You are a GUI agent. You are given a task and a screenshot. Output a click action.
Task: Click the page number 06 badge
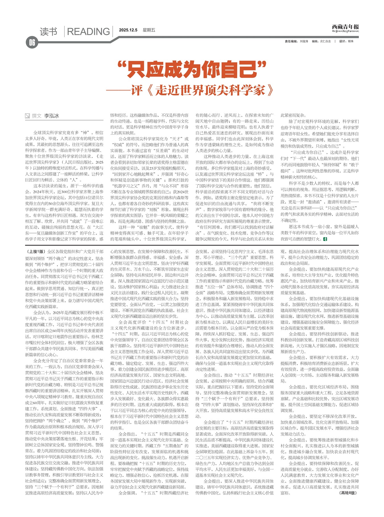tap(32, 43)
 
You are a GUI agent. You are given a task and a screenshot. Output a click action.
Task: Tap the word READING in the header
tap(88, 32)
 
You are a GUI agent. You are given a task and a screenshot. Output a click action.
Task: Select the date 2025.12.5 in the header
tap(128, 30)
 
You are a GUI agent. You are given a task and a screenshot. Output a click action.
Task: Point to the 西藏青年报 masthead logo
tap(345, 27)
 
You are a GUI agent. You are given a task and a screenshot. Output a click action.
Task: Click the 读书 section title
tap(48, 32)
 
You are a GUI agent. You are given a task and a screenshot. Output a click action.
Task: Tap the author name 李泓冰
tap(51, 116)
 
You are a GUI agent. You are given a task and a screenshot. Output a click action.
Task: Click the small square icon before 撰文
tap(27, 116)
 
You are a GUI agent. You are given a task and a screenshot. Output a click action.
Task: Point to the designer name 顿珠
tap(350, 41)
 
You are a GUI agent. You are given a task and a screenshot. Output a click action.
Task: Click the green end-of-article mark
tap(325, 239)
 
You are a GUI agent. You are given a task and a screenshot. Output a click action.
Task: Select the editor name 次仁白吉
tap(325, 41)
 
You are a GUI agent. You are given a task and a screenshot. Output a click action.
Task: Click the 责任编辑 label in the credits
tap(291, 41)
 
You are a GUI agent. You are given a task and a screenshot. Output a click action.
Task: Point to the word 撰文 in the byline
tap(37, 116)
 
